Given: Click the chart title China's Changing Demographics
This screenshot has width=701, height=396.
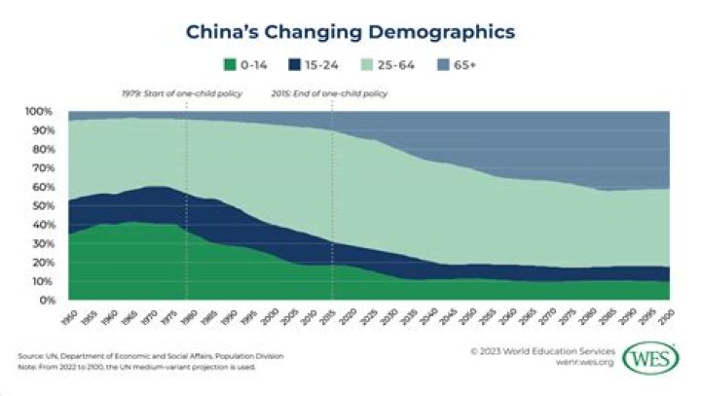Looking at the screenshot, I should coord(350,32).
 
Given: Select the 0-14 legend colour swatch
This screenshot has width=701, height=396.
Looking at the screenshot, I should coord(231,65).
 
